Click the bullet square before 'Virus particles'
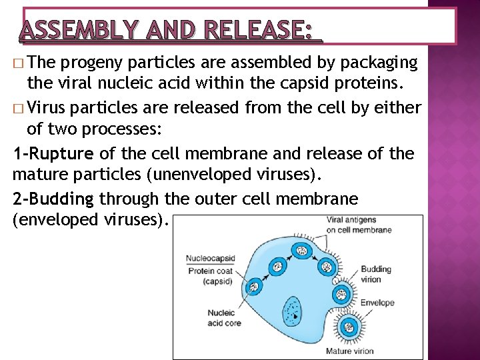(x=17, y=109)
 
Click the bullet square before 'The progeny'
(x=17, y=64)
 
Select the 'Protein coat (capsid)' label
(x=210, y=276)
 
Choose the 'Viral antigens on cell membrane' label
(x=359, y=225)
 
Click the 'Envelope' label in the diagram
(x=377, y=302)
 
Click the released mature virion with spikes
(x=348, y=326)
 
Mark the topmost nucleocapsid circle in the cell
(x=301, y=251)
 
